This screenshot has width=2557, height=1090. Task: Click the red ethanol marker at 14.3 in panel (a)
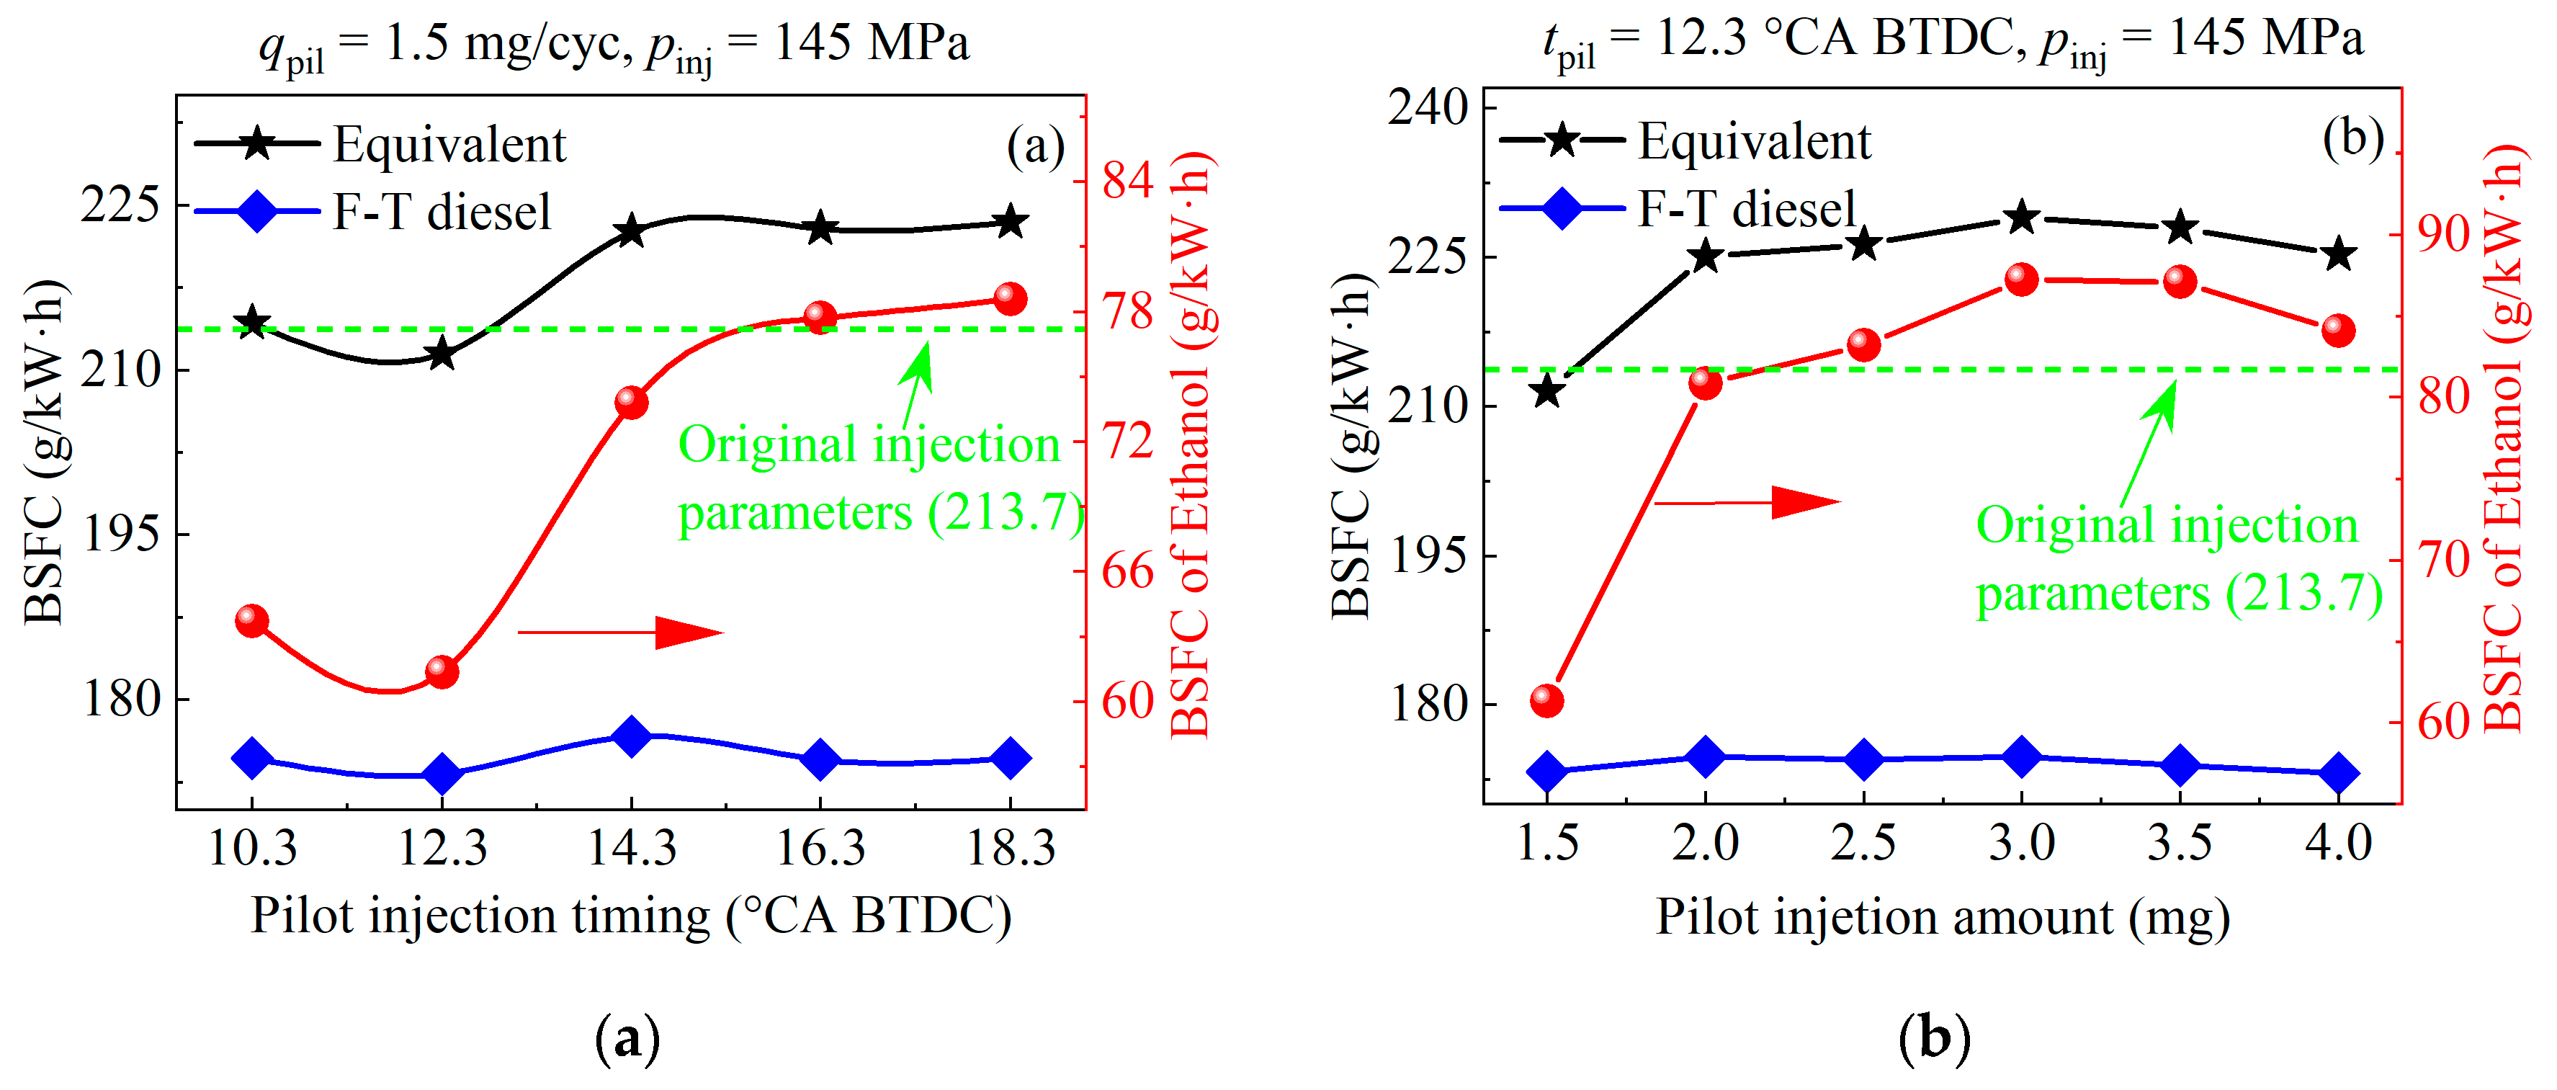631,402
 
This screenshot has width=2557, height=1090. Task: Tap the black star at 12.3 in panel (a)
442,354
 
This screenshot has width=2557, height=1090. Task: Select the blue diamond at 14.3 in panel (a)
631,736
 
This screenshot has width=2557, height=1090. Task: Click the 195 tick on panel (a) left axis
120,534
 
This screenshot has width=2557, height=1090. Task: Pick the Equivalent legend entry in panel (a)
449,144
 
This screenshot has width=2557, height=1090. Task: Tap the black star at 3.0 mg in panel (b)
2022,218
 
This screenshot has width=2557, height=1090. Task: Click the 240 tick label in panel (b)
1428,107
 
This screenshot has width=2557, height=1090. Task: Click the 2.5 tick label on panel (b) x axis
1863,844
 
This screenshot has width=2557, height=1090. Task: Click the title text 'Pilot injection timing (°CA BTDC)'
630,915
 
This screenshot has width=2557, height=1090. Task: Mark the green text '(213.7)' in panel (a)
1005,513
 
